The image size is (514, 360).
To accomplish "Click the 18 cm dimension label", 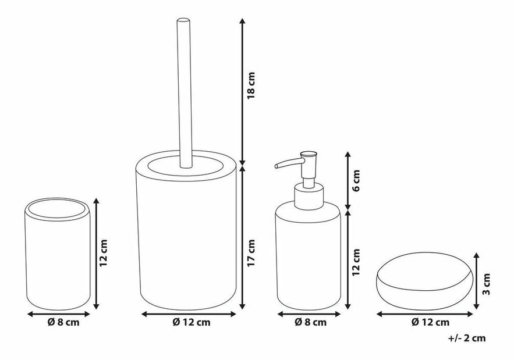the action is pos(251,85).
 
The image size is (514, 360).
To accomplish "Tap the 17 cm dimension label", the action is pos(251,252).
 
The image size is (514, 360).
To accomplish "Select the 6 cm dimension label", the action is pos(356,180).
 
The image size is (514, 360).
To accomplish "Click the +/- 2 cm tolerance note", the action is pos(466,338).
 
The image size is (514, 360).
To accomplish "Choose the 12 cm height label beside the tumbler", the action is pos(104,252).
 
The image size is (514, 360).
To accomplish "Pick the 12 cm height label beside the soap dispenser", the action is pos(356,261).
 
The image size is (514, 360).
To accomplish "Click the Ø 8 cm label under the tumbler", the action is pos(63,322).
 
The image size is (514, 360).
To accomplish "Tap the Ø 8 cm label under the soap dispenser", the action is pos(310,322).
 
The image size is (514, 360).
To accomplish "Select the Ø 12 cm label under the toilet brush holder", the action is pos(192,322).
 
